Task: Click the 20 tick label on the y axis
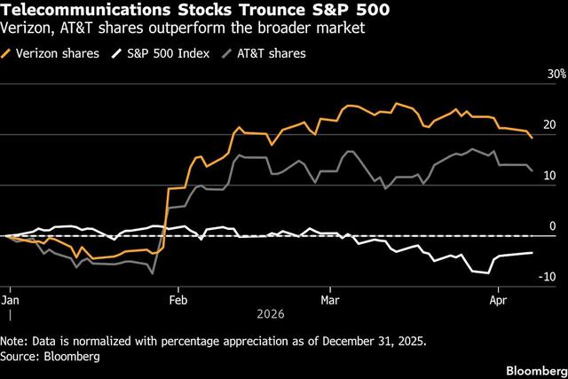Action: (x=549, y=125)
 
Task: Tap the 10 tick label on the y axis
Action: (x=549, y=176)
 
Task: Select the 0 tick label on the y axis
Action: (x=552, y=226)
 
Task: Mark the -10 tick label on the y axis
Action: (x=548, y=277)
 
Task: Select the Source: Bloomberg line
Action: (x=51, y=355)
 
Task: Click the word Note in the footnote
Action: (x=15, y=341)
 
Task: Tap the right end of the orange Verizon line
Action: (x=532, y=138)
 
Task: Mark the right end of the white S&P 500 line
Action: (x=532, y=253)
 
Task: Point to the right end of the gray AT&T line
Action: (x=532, y=170)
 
